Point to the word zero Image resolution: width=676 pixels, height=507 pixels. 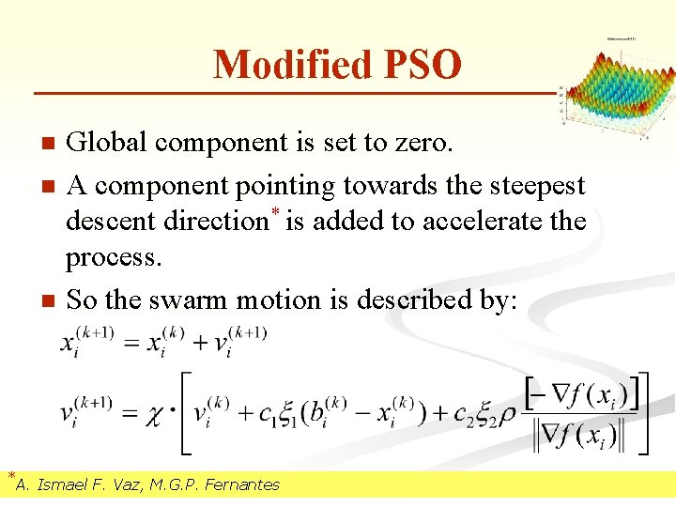coord(422,143)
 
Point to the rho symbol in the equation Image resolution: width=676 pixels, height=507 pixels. coord(508,413)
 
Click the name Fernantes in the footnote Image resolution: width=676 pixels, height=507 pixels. coord(239,484)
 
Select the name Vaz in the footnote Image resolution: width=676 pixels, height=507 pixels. coord(131,484)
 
